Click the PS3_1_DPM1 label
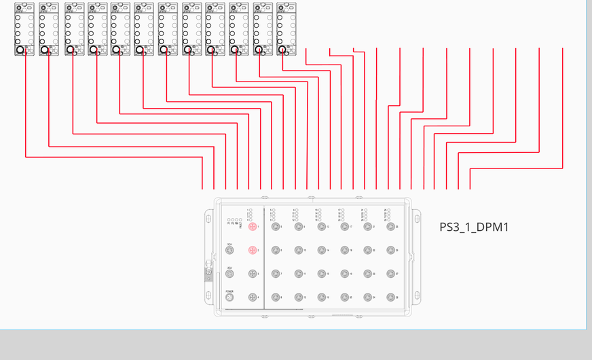(x=474, y=227)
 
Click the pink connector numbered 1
(x=253, y=227)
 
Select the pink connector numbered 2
(x=253, y=251)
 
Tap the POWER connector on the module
(x=229, y=298)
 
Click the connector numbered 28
(x=390, y=298)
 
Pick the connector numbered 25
(x=390, y=227)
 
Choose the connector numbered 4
(x=253, y=298)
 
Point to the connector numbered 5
(x=276, y=227)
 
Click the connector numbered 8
(x=276, y=298)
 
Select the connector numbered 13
(x=321, y=227)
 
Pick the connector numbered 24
(x=367, y=298)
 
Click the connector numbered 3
(x=253, y=274)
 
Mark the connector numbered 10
(x=299, y=251)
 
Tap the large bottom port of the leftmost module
(x=20, y=50)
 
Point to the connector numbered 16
(x=321, y=298)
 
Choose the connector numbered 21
(x=367, y=227)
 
